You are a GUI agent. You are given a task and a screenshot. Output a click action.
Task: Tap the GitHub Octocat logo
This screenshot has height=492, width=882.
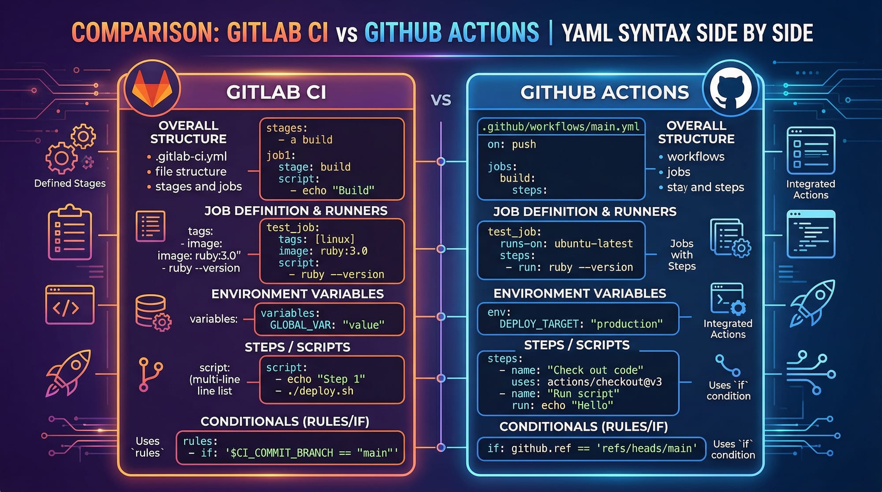coord(730,89)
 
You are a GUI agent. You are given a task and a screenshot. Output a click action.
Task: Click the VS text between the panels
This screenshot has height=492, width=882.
coord(441,100)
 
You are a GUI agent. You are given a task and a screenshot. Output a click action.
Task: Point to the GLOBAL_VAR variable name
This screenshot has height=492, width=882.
coord(300,325)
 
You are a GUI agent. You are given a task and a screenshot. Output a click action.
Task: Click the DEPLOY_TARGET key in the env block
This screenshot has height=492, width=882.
coord(538,324)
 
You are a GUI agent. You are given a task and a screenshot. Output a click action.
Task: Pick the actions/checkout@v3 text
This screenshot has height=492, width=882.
coord(604,382)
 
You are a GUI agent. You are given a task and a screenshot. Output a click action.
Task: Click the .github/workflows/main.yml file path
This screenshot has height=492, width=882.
coord(561,127)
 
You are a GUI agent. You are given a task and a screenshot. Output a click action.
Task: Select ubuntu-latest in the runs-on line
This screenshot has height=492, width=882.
coord(593,243)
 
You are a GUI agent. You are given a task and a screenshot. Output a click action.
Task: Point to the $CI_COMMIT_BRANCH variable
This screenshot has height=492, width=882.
coord(282,453)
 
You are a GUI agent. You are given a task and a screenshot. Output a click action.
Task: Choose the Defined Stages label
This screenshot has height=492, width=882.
coord(70,183)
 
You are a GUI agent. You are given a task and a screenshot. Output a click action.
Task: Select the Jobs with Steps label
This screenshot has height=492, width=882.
coord(682,255)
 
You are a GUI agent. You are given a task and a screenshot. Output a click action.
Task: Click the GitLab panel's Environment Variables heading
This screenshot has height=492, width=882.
coord(297,294)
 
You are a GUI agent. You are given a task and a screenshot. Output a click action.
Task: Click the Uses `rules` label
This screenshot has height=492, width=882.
coord(147,447)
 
